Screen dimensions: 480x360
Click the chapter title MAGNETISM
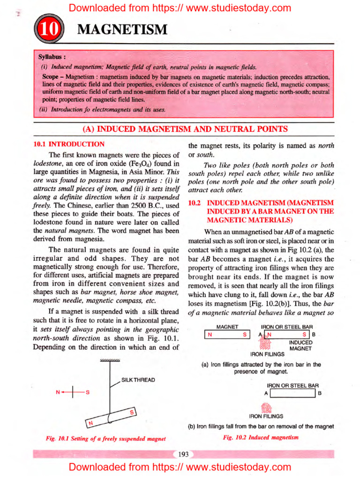[x=122, y=30]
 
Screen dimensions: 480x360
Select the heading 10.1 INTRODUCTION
[x=69, y=144]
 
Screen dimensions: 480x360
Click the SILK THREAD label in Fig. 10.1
[x=138, y=380]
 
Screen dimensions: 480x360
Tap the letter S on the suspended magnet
[x=132, y=412]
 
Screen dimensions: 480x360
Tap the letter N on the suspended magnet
[x=91, y=423]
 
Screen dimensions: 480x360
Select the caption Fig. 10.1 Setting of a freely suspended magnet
[x=105, y=439]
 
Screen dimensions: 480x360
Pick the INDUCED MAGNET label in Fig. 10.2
[x=300, y=345]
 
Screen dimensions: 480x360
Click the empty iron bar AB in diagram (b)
[x=292, y=393]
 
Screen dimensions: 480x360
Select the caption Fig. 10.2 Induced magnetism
[x=261, y=437]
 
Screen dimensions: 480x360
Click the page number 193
[x=183, y=454]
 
